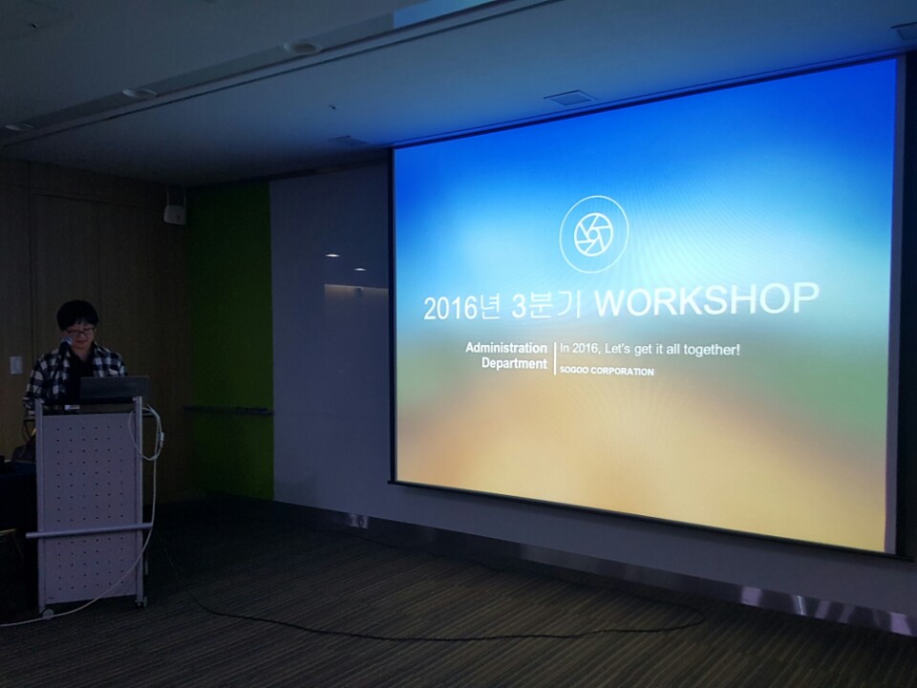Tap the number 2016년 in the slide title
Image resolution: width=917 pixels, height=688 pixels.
point(462,307)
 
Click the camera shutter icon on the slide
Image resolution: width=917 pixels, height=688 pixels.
point(593,234)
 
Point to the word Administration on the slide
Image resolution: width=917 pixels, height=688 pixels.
point(506,348)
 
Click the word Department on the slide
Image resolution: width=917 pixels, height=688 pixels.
point(514,363)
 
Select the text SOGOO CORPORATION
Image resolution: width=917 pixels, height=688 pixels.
point(607,371)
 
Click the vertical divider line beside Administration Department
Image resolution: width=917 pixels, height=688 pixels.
point(554,358)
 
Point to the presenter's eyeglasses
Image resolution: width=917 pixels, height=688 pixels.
point(79,332)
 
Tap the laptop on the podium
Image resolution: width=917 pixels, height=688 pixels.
point(113,389)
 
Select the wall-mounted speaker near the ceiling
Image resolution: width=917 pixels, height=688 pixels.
point(175,212)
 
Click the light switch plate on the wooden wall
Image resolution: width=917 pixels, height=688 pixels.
point(16,365)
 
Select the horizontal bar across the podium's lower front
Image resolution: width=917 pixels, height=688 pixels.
point(89,530)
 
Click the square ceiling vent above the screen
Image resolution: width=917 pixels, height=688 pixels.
point(570,97)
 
